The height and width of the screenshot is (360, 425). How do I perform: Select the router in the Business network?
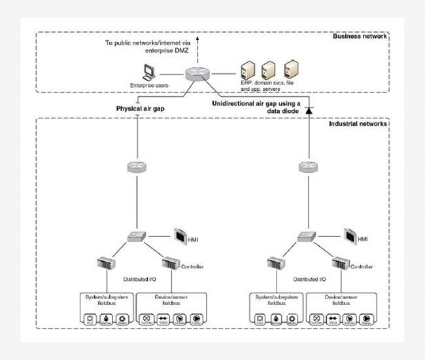(x=196, y=75)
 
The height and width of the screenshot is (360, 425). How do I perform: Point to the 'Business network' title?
(x=360, y=36)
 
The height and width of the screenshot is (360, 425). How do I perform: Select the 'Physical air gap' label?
(x=139, y=108)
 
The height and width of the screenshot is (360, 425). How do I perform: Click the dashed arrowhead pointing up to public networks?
(x=197, y=41)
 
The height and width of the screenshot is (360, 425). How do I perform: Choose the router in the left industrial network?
(x=139, y=168)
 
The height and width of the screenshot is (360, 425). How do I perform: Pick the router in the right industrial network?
(x=307, y=168)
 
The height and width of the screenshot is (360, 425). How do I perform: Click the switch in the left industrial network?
(x=139, y=236)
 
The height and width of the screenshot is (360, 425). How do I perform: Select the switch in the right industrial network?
(x=307, y=236)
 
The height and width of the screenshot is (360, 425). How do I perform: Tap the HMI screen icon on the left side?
(x=182, y=234)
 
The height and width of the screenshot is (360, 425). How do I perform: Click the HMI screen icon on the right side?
(x=350, y=234)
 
